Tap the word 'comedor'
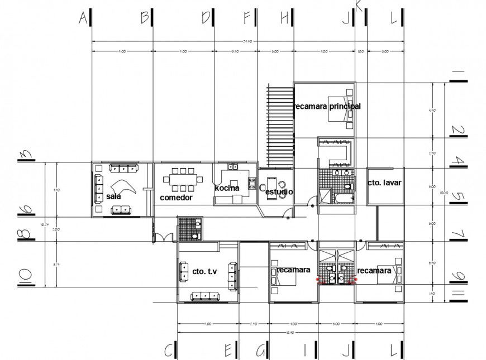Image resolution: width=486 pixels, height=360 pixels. point(176,198)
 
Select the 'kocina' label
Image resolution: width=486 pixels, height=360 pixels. point(227,188)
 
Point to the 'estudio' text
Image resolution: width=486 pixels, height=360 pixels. point(278,192)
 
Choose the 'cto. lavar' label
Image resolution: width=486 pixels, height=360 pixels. point(384,183)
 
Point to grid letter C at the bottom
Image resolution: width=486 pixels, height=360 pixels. point(169,349)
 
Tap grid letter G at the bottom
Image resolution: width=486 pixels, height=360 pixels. point(261,349)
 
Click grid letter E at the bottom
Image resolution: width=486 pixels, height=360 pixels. point(228,349)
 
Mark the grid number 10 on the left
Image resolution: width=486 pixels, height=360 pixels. point(26,275)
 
